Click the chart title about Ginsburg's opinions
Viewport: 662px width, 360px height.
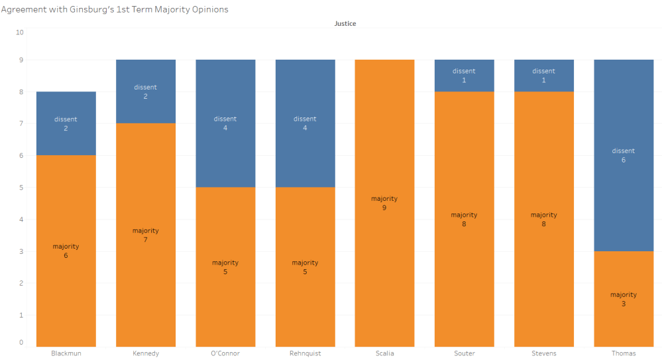pyautogui.click(x=115, y=10)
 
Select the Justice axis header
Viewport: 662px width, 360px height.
pyautogui.click(x=345, y=24)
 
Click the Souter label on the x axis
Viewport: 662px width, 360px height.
pyautogui.click(x=465, y=353)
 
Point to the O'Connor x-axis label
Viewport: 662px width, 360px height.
pyautogui.click(x=225, y=353)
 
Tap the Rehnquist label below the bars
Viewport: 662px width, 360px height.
pyautogui.click(x=305, y=353)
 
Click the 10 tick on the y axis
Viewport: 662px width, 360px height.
pyautogui.click(x=19, y=32)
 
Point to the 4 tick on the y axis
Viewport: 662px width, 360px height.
pyautogui.click(x=21, y=219)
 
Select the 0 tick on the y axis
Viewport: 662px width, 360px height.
pyautogui.click(x=21, y=343)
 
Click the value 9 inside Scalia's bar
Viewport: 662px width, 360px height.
pyautogui.click(x=384, y=208)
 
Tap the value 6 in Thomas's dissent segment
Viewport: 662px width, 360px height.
pyautogui.click(x=624, y=160)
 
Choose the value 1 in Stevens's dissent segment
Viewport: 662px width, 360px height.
pyautogui.click(x=544, y=80)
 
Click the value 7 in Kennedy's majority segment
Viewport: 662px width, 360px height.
pyautogui.click(x=145, y=240)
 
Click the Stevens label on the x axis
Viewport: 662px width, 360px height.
pyautogui.click(x=544, y=353)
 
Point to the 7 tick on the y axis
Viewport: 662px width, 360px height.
pyautogui.click(x=21, y=124)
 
